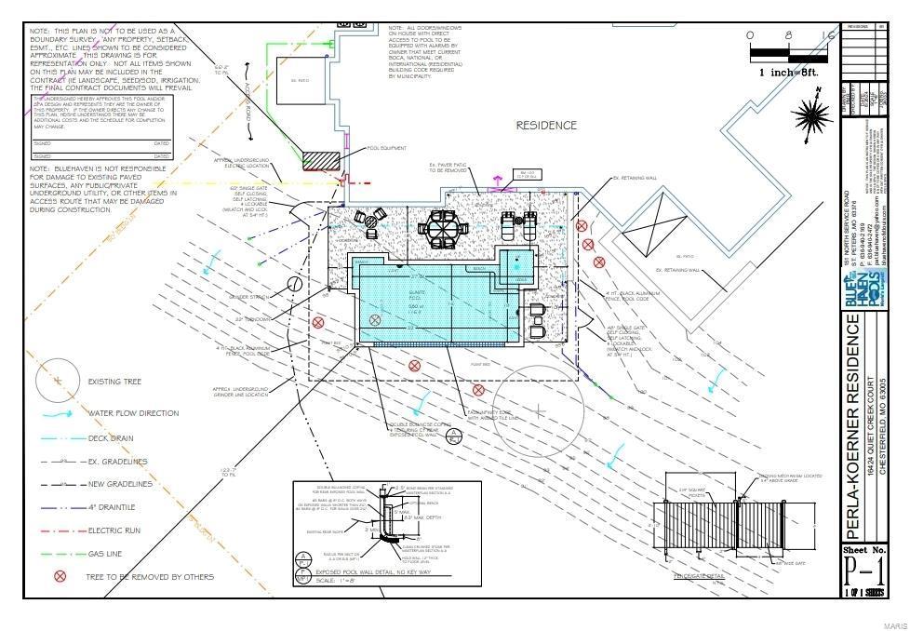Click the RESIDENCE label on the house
click(x=546, y=125)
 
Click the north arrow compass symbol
click(x=811, y=114)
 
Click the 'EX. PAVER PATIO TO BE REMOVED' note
click(x=449, y=168)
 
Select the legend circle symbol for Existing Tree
click(x=58, y=381)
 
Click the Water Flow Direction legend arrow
click(x=58, y=413)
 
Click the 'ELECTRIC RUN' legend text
click(x=115, y=530)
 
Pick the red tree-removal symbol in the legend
click(x=60, y=577)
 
